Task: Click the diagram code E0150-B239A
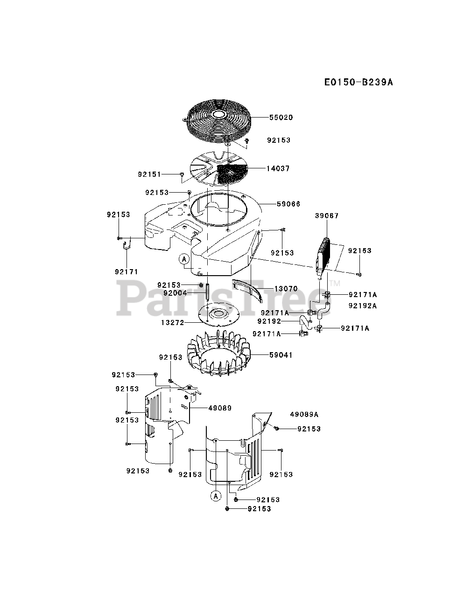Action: pos(359,83)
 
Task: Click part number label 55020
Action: pos(281,118)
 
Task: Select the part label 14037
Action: pos(278,168)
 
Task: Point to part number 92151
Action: pos(149,174)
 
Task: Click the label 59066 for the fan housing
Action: pos(288,204)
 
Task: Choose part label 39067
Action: pos(327,216)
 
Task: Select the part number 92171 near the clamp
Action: pos(126,271)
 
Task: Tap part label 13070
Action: pos(286,289)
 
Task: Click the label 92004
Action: pos(175,293)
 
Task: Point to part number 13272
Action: pos(173,323)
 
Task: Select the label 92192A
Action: pos(362,306)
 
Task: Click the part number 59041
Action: pos(281,355)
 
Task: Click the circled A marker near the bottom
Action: pos(215,496)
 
